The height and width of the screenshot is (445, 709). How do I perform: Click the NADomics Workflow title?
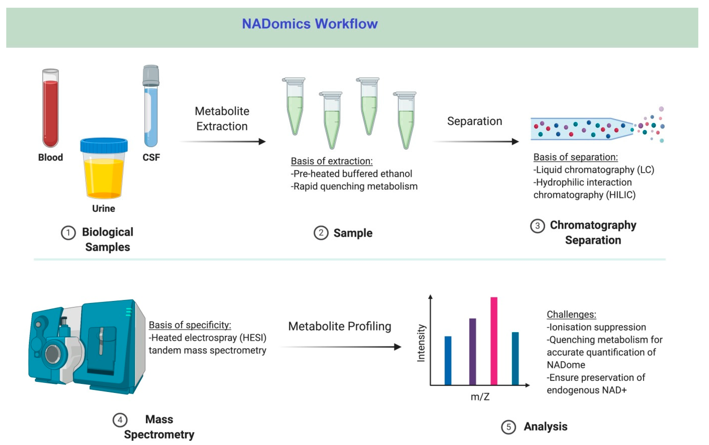point(310,24)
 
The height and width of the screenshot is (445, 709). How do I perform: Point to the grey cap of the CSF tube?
point(151,75)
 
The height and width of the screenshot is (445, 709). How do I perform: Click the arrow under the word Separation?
point(475,142)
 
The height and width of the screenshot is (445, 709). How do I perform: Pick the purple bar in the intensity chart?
point(472,351)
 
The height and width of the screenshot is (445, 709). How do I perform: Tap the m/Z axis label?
point(480,397)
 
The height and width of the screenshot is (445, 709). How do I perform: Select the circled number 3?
point(537,226)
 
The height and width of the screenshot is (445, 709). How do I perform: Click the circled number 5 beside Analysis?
point(508,427)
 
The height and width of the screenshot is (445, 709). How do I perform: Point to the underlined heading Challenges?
point(571,314)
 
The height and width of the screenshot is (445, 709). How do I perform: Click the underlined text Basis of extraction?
point(332,161)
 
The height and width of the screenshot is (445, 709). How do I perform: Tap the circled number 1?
point(68,233)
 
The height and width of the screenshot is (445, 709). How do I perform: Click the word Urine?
point(104,208)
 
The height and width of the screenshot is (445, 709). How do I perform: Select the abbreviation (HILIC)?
point(621,195)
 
